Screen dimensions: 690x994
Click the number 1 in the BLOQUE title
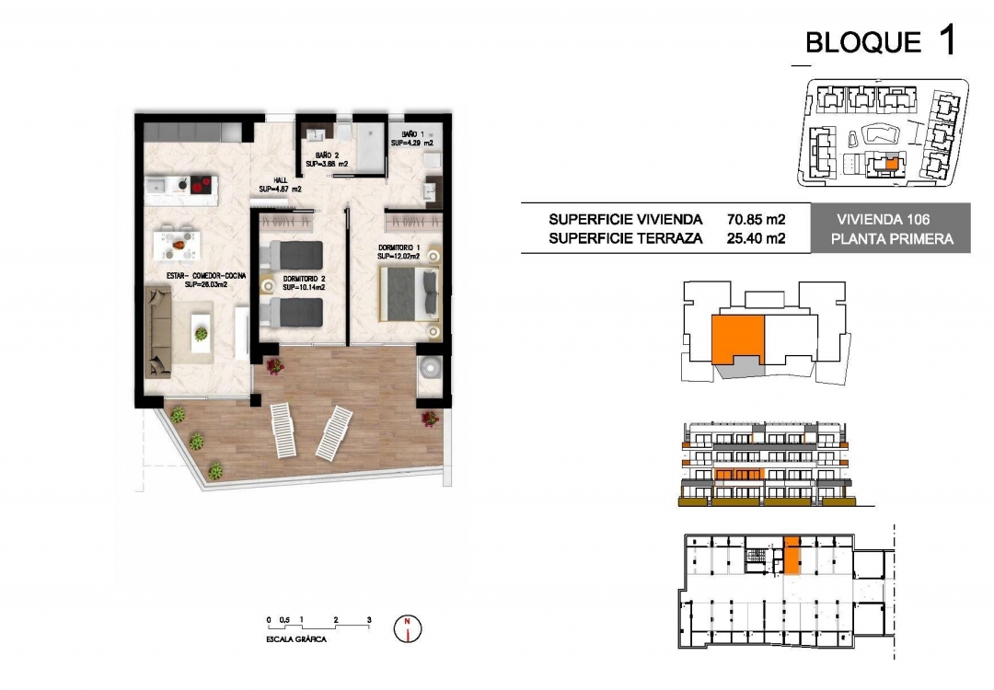(x=945, y=40)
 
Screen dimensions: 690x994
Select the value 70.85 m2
(x=756, y=220)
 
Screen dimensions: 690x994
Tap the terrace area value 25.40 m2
(x=756, y=238)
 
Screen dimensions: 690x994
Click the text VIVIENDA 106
(x=884, y=220)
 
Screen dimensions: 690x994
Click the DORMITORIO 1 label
(x=399, y=248)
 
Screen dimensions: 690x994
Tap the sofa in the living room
(x=158, y=331)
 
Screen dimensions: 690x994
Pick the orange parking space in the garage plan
(x=791, y=557)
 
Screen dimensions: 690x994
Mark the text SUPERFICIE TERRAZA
(x=626, y=238)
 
